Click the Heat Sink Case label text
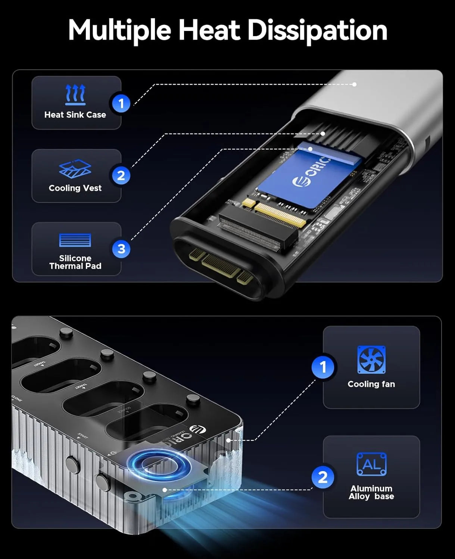[x=75, y=115]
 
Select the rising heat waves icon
[x=75, y=94]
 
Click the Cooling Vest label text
[x=75, y=188]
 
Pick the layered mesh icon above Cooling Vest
[x=75, y=169]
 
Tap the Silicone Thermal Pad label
[x=75, y=262]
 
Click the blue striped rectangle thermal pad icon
[x=75, y=240]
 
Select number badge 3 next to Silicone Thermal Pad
[x=121, y=249]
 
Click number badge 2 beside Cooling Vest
[x=121, y=175]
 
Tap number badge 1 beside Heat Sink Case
[x=121, y=103]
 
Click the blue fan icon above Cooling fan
[x=371, y=360]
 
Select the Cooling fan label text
[x=371, y=384]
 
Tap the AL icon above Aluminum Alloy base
[x=371, y=464]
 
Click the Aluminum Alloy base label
[x=371, y=492]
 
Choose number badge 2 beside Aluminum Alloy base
[x=323, y=477]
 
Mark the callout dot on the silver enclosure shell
[x=354, y=84]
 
